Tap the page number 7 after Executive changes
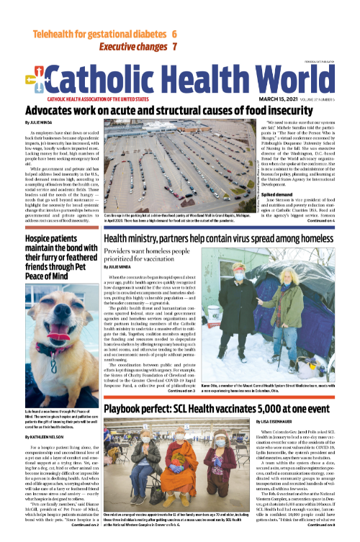[174, 47]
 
